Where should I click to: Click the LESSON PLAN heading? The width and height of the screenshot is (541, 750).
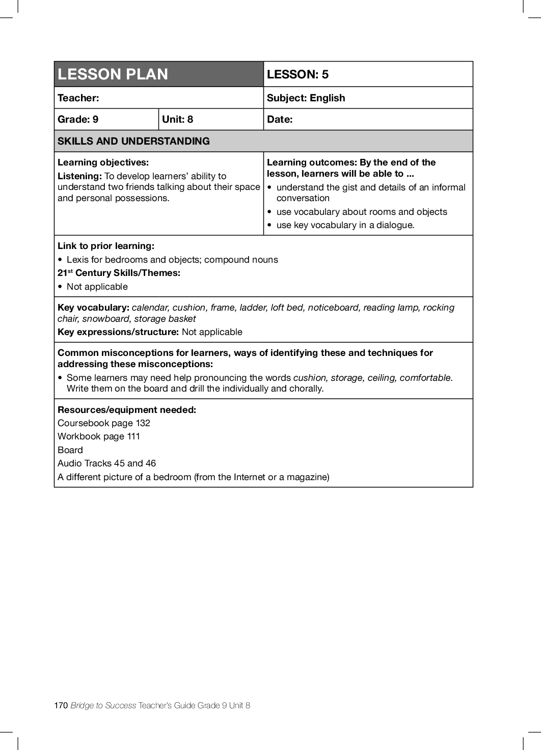[x=113, y=74]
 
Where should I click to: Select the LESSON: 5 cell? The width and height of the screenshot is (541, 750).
[x=297, y=74]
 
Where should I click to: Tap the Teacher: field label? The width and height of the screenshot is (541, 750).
[x=78, y=98]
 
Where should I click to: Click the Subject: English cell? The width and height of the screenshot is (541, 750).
[x=306, y=98]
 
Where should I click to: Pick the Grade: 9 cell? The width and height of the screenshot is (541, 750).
[x=78, y=119]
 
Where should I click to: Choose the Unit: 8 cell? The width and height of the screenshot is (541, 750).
[x=177, y=119]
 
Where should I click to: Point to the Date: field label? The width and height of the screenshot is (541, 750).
[x=280, y=119]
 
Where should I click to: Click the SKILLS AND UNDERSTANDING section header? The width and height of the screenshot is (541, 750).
[x=133, y=141]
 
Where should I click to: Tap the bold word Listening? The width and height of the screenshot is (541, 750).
[x=79, y=176]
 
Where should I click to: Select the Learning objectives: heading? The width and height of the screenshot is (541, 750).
[x=103, y=162]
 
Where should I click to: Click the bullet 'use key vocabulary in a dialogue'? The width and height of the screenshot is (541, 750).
[x=345, y=225]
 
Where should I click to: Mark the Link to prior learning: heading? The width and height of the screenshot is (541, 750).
[x=106, y=246]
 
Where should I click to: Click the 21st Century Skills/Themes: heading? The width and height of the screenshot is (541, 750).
[x=119, y=273]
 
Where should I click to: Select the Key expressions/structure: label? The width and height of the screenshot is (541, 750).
[x=118, y=332]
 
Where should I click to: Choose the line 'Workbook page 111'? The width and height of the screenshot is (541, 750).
[x=99, y=436]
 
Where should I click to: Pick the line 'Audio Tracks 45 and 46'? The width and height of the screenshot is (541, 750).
[x=106, y=463]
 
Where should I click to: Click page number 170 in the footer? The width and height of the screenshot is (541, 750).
[x=61, y=705]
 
